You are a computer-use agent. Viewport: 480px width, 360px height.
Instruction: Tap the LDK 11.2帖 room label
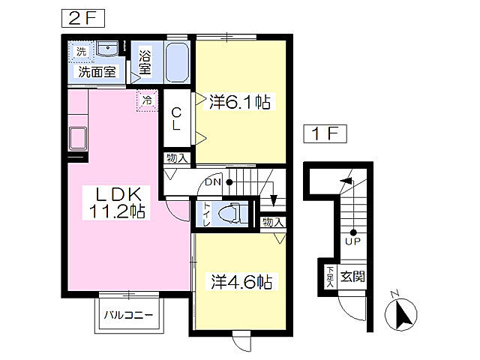118,200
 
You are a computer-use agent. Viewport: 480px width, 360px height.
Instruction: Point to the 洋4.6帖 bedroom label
240,282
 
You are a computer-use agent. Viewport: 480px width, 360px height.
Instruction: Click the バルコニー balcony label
128,314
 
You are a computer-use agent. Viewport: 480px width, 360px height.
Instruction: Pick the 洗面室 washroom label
97,72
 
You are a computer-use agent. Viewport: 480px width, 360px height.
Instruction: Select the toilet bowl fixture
229,214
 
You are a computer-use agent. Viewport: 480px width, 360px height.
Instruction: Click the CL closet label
176,119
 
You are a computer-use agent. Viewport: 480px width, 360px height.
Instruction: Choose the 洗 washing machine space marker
79,51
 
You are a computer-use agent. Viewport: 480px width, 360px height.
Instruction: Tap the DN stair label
213,182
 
